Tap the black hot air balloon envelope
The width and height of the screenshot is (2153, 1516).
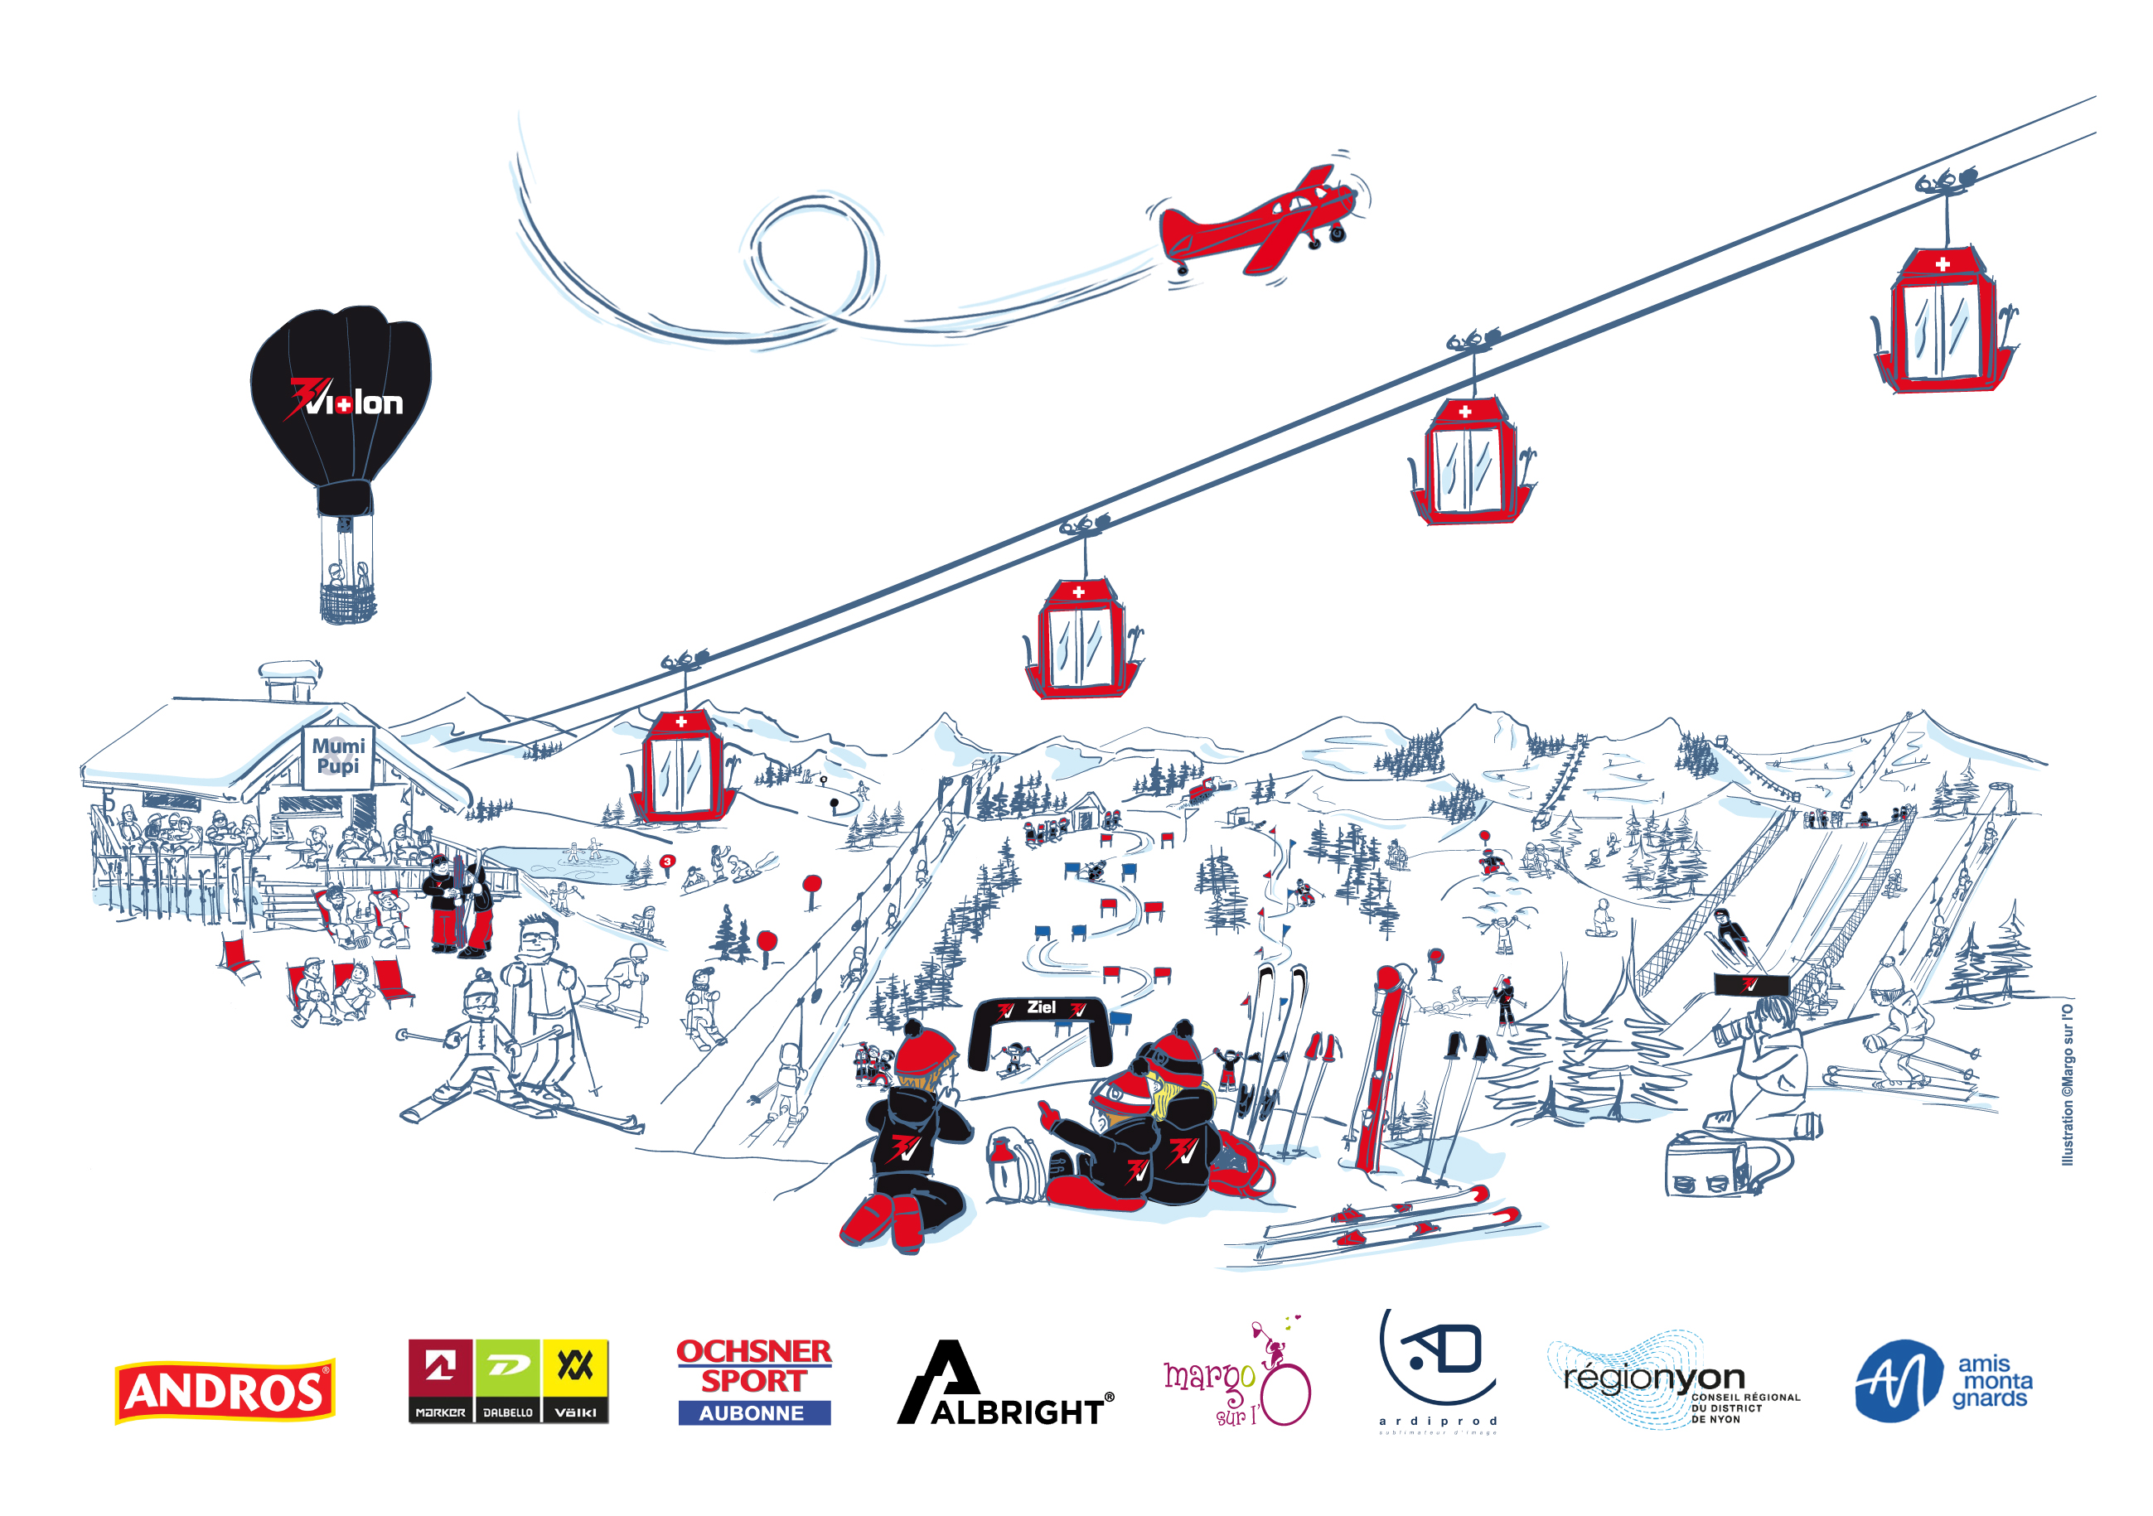[x=341, y=398]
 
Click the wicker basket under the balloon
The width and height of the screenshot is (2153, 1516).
[x=347, y=602]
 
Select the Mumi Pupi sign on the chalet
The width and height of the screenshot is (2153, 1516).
[x=337, y=756]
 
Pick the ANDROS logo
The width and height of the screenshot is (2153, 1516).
[x=225, y=1390]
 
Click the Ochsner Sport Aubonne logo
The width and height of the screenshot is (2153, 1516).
[x=754, y=1382]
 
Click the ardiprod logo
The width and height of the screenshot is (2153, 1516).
[x=1439, y=1371]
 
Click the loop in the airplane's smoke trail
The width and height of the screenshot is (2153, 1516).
[x=814, y=258]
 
